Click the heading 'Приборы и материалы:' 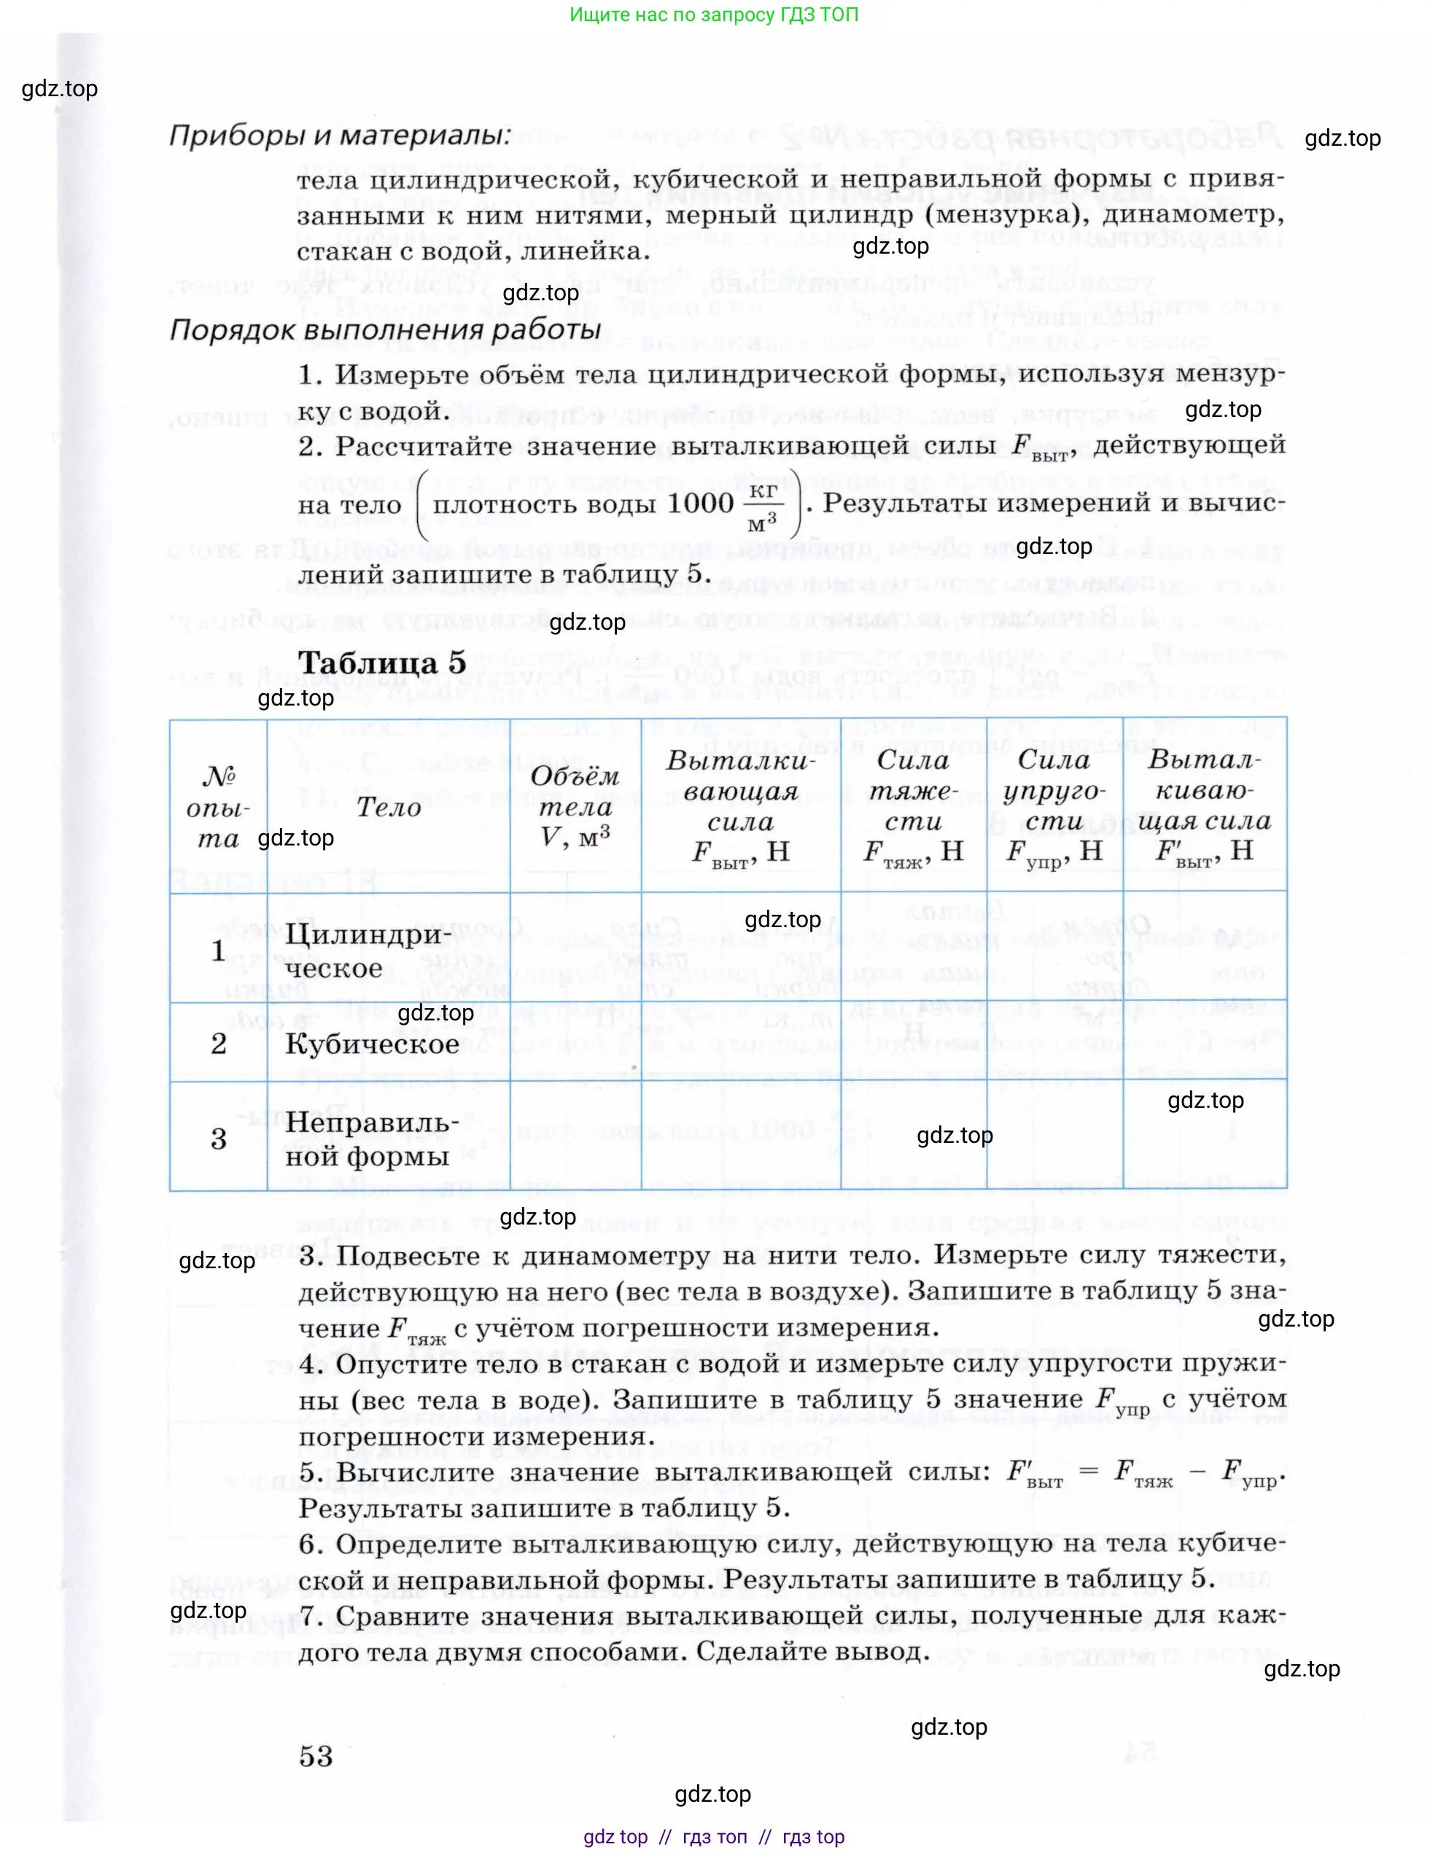coord(340,136)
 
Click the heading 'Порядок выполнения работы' coord(385,329)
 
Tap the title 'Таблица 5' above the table coord(381,663)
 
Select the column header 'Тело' coord(388,807)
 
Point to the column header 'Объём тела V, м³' coord(575,806)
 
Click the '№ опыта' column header coord(218,807)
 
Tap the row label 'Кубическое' coord(371,1043)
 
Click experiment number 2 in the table coord(218,1043)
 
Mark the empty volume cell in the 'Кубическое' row coord(575,1042)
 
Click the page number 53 coord(316,1756)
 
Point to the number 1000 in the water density coord(700,504)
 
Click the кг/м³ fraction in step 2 coord(762,507)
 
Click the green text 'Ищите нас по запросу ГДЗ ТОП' coord(714,15)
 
